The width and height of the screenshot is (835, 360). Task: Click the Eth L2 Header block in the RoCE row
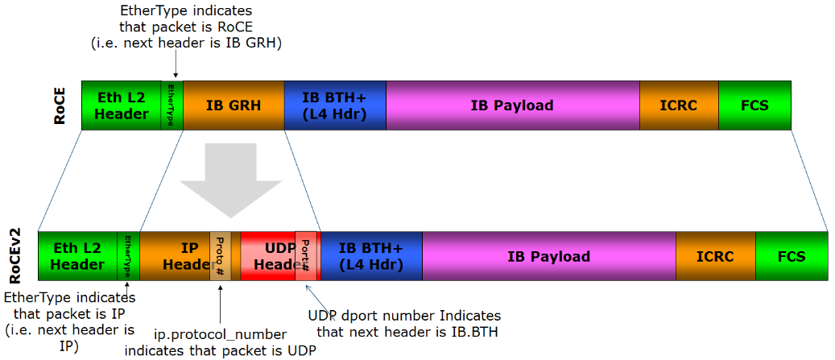[x=122, y=106]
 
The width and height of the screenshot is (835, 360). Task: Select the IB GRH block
[x=234, y=106]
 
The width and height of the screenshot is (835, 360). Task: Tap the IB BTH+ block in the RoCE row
[x=334, y=106]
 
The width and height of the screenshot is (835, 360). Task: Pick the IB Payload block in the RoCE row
[x=512, y=106]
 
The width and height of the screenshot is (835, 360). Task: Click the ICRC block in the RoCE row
[x=678, y=106]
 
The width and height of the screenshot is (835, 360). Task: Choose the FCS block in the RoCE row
[x=754, y=106]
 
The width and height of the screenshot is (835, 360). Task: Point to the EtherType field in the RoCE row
[x=172, y=106]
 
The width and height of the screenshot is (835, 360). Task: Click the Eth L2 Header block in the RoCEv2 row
[x=77, y=256]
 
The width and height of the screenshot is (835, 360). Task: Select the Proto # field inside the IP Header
[x=221, y=256]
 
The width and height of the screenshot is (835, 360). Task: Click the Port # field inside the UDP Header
[x=306, y=256]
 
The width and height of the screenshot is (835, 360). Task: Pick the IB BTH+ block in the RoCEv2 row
[x=371, y=256]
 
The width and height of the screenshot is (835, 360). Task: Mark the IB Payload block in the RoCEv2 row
[x=548, y=256]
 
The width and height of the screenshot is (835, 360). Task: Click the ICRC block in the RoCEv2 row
[x=715, y=256]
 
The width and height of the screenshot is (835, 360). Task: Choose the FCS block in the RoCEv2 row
[x=791, y=256]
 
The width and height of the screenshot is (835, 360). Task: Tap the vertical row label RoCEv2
[x=16, y=256]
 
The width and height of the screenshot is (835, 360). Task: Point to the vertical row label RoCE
[x=60, y=106]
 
